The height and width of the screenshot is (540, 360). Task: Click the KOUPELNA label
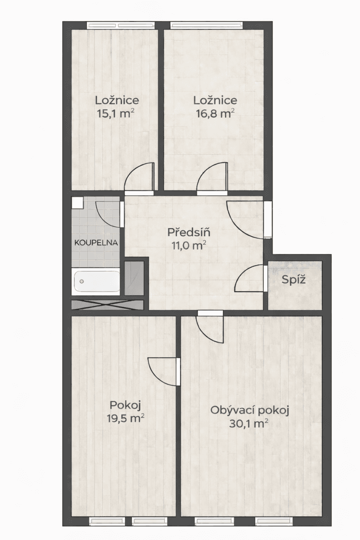pyautogui.click(x=96, y=243)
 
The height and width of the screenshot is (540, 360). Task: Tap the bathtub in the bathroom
pyautogui.click(x=96, y=282)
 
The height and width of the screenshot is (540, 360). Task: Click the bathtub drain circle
pyautogui.click(x=82, y=282)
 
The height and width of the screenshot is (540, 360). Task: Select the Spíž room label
pyautogui.click(x=294, y=280)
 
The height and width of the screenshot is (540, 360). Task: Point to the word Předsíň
pyautogui.click(x=189, y=233)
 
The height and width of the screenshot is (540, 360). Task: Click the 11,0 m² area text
pyautogui.click(x=189, y=245)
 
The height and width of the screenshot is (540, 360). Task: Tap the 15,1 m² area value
pyautogui.click(x=116, y=113)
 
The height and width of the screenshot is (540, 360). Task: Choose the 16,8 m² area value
pyautogui.click(x=215, y=113)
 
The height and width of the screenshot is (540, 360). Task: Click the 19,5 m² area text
pyautogui.click(x=126, y=419)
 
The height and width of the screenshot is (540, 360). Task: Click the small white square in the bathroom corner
pyautogui.click(x=78, y=202)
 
